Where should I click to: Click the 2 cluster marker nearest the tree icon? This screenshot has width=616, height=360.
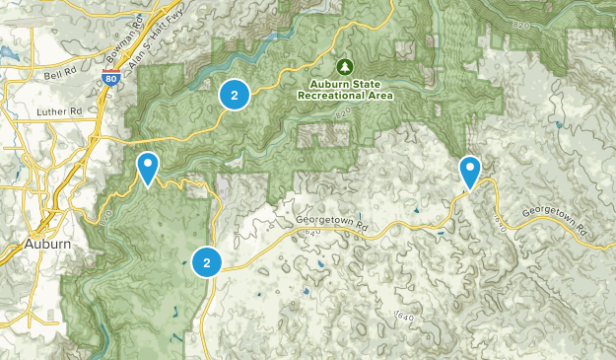click(234, 96)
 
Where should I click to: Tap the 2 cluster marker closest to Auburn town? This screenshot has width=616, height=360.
click(207, 262)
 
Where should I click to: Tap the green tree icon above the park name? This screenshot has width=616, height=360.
click(344, 67)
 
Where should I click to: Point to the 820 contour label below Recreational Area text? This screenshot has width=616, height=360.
click(343, 115)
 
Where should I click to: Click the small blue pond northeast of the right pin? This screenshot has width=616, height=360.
click(558, 125)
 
